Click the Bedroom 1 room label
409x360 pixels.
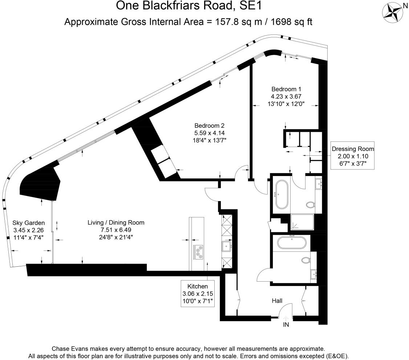286,89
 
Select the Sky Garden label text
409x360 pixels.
28,223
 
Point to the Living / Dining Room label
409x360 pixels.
116,222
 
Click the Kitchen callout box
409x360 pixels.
198,293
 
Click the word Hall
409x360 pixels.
277,301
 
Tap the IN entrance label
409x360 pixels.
286,325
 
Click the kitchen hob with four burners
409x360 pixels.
199,251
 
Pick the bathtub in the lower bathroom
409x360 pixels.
292,243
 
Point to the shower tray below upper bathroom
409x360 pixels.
302,222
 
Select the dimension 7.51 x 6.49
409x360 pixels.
116,230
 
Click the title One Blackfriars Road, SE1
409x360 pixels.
188,6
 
